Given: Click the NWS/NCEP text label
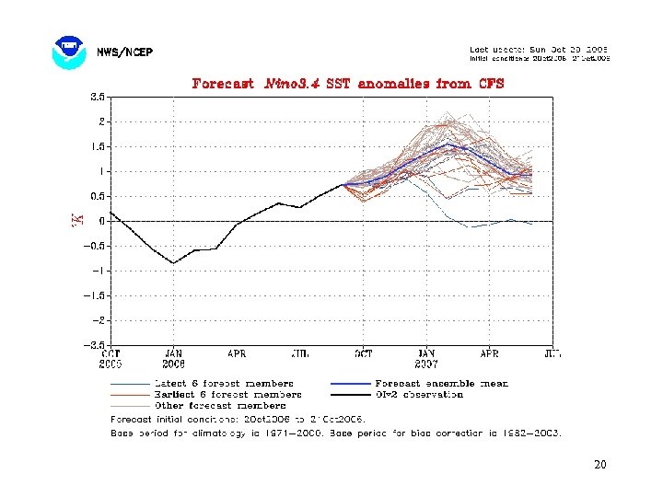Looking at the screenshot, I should click(125, 52).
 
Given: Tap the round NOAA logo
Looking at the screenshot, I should click(69, 52).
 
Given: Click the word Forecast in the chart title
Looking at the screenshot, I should click(223, 83).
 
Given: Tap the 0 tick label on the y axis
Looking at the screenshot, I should click(103, 222).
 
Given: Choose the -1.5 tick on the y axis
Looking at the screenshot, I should click(96, 296).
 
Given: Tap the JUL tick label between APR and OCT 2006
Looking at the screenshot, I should click(299, 353).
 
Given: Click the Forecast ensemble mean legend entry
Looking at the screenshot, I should click(441, 383).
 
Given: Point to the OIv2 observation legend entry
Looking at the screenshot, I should click(419, 394).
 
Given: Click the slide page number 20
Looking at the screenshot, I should click(600, 464).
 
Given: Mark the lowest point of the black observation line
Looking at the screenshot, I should click(173, 263).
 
